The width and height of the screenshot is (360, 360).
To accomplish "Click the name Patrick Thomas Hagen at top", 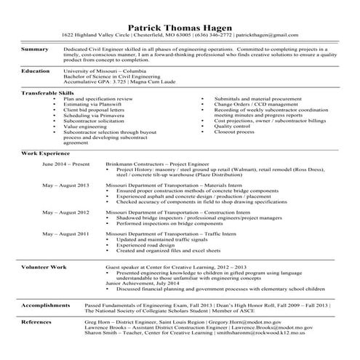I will [180, 23].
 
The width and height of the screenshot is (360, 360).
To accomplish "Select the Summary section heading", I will [34, 49].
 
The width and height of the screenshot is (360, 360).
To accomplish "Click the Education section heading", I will [36, 71].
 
